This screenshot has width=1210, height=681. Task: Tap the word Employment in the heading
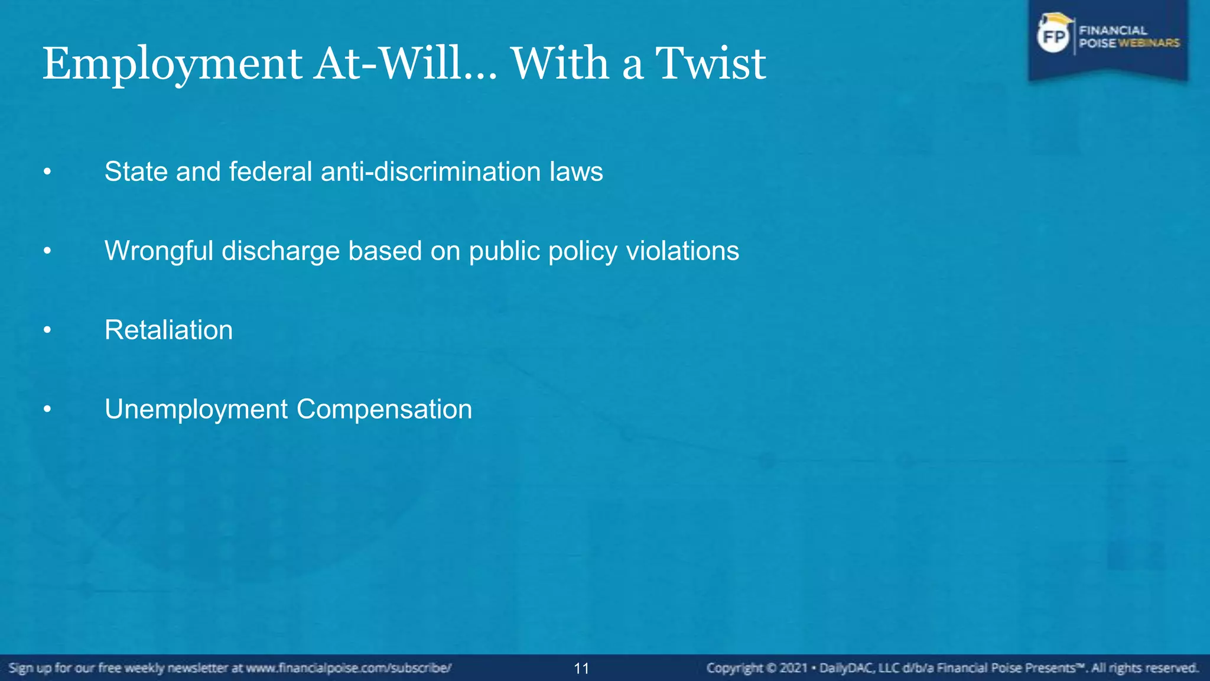pos(172,64)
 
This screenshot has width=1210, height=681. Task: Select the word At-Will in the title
pos(388,63)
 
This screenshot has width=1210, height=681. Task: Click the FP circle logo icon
pos(1053,37)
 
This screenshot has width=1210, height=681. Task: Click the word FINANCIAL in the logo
pos(1113,30)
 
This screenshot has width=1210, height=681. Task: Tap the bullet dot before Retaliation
pos(47,330)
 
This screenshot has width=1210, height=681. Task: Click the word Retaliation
pos(168,330)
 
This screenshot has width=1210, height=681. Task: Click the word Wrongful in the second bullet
pos(158,251)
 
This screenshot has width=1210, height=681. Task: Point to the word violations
pos(682,251)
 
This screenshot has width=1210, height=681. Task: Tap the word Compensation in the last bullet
pos(384,409)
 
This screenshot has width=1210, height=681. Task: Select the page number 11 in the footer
pos(581,669)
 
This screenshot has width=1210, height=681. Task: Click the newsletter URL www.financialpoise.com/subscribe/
pos(349,668)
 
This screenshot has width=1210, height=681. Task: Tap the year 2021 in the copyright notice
pos(793,668)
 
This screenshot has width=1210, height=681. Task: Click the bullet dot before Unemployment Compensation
pos(47,409)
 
